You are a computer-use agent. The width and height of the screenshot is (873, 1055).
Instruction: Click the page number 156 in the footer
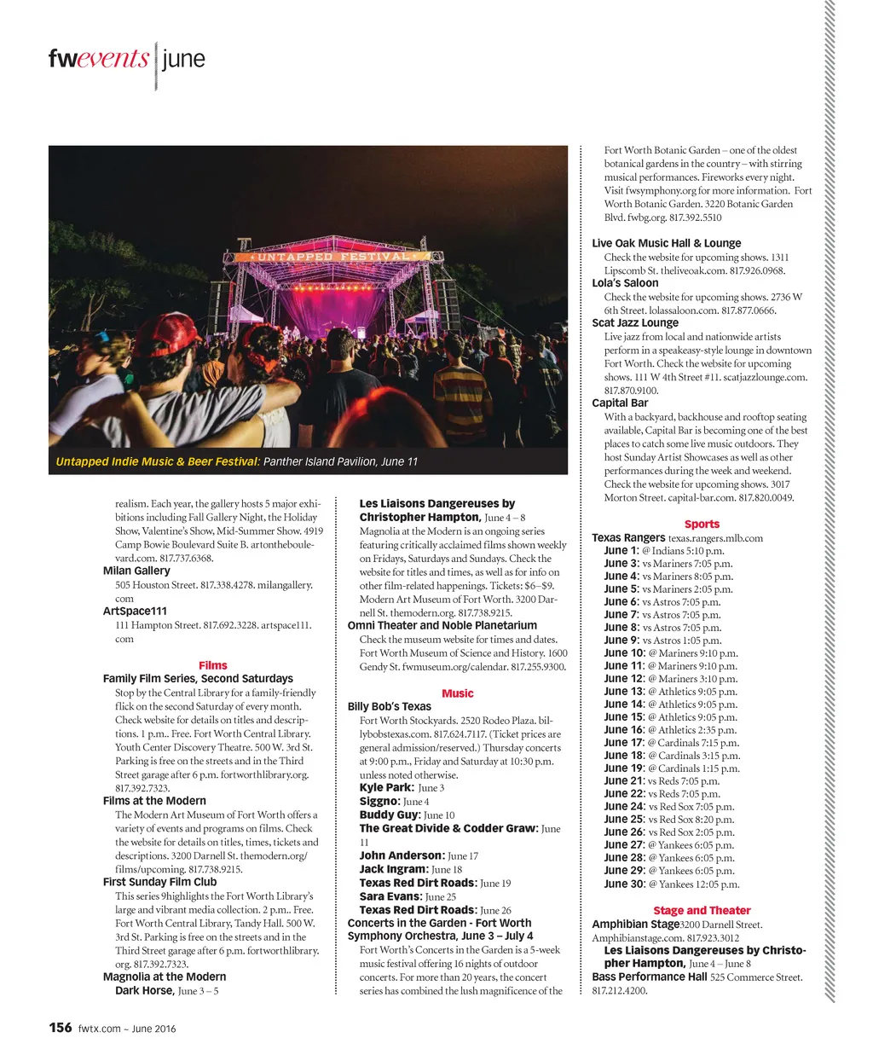pos(60,1028)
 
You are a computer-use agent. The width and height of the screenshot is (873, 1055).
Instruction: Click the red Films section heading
pos(212,665)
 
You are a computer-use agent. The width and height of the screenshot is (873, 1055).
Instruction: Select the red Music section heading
pos(458,693)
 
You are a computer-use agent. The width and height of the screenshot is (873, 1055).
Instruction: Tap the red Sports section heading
pos(702,525)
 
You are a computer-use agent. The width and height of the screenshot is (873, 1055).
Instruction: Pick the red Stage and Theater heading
pos(702,911)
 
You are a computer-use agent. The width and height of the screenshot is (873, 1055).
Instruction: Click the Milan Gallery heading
pos(136,571)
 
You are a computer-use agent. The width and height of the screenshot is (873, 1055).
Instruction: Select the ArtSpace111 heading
pos(135,612)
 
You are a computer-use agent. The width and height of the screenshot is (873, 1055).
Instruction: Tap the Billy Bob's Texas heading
pos(389,707)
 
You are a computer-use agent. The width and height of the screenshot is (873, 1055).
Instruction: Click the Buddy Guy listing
pos(390,815)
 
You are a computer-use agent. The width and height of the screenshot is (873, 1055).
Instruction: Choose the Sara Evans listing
pos(390,896)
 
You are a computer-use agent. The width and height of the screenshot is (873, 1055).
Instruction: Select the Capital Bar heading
pos(620,403)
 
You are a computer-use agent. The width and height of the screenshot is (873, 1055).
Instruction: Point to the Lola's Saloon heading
pos(625,283)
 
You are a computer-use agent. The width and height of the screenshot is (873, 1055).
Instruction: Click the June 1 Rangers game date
pos(621,551)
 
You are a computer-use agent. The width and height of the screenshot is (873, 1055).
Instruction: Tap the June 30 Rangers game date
pos(624,884)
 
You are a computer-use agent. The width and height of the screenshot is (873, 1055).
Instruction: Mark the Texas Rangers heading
pos(628,538)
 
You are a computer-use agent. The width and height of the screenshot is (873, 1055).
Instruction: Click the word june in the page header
pos(183,60)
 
